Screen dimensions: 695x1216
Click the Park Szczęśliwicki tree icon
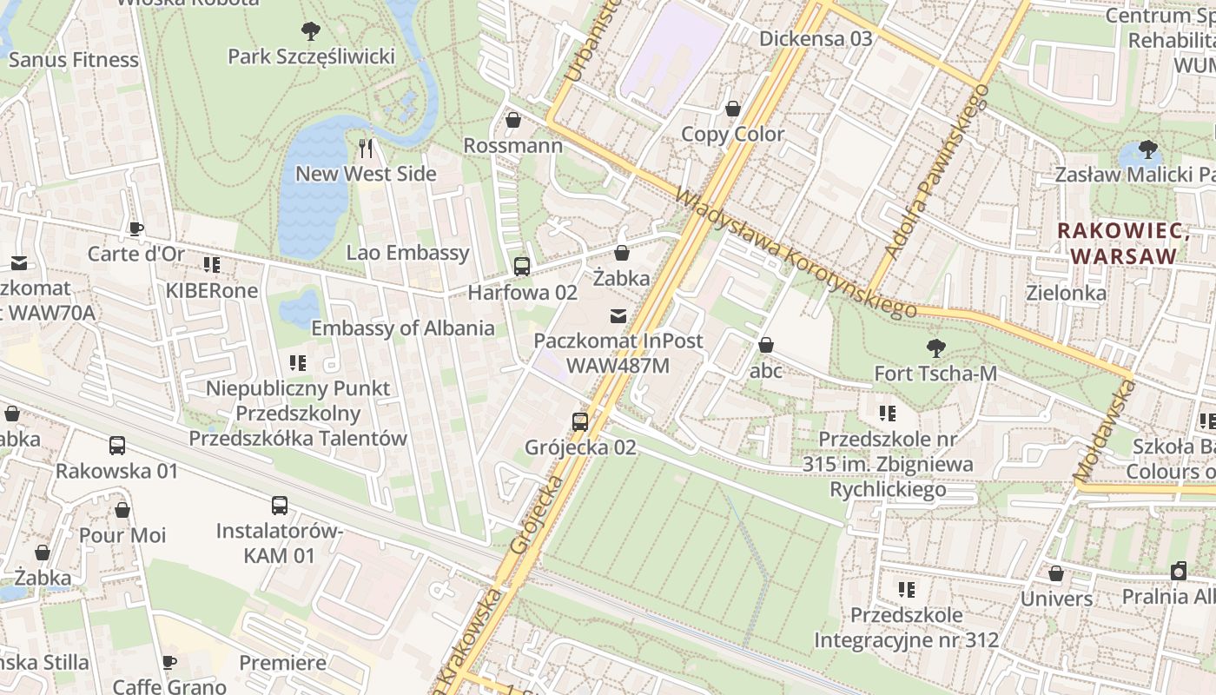(310, 32)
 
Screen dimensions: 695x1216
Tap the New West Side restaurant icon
(366, 149)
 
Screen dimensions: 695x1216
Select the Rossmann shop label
(512, 145)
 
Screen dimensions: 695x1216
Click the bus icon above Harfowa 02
(521, 267)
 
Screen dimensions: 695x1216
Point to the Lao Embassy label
(407, 253)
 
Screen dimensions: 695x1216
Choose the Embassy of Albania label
(403, 328)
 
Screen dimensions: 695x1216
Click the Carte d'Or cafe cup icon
(135, 229)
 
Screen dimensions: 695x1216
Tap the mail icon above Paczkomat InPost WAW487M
(618, 315)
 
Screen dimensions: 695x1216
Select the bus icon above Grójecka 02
(579, 422)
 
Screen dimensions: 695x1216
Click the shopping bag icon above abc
(765, 346)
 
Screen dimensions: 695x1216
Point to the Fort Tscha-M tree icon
(935, 348)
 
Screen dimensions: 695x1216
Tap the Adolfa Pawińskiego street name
(936, 171)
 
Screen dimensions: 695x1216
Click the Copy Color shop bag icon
(733, 109)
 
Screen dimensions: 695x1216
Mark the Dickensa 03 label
(815, 38)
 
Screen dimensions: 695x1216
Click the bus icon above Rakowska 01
(116, 446)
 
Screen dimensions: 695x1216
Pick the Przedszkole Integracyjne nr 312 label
(906, 628)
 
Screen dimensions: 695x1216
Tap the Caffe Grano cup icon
(169, 663)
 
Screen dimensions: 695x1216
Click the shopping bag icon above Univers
(1055, 573)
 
